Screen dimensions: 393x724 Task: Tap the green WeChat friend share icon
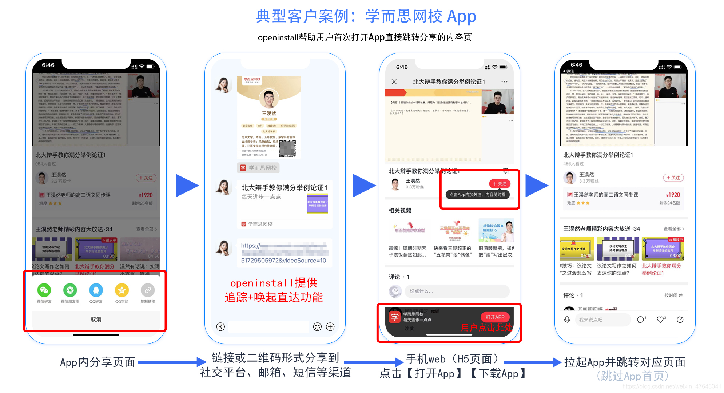coord(44,290)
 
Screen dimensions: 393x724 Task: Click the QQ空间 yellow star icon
coord(122,290)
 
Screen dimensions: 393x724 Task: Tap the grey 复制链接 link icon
coord(148,290)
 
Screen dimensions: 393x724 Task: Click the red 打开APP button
coord(495,317)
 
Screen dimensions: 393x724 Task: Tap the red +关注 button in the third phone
coord(500,184)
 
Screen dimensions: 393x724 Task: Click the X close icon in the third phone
coord(394,82)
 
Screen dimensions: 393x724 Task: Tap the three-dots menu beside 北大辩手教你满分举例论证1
coord(504,82)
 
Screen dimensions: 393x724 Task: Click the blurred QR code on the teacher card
coord(287,148)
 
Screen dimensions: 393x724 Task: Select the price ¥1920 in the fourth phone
coord(673,195)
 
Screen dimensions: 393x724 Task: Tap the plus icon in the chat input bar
coord(330,327)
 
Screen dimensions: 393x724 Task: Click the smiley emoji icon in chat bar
coord(317,327)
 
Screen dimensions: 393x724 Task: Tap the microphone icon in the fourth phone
coord(567,319)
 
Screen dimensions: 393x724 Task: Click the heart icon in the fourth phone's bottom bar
coord(660,319)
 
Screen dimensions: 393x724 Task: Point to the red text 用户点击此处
coord(486,327)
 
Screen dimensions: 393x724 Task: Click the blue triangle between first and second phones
coord(186,186)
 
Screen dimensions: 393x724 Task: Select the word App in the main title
coord(461,16)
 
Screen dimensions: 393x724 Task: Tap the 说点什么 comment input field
coord(455,291)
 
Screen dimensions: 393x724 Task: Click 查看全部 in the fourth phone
coord(673,229)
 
